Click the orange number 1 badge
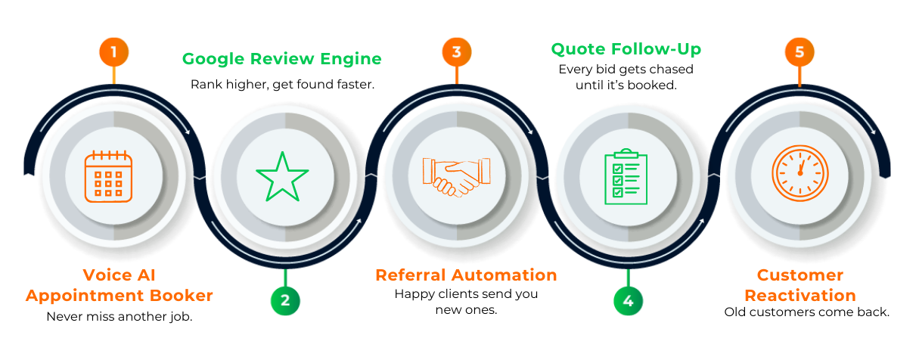[x=113, y=52]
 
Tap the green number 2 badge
[x=285, y=300]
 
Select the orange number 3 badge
[x=456, y=52]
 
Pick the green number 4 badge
[x=628, y=300]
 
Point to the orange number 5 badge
[x=799, y=52]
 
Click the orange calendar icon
[x=108, y=175]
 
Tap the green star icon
[x=281, y=176]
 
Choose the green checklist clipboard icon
[x=626, y=176]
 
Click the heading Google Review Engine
[x=282, y=59]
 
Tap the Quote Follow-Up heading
[x=626, y=49]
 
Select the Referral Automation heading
[x=466, y=275]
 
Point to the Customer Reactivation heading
[x=799, y=285]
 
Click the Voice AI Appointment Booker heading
[x=120, y=285]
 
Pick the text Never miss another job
[x=120, y=317]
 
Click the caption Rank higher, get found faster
[x=282, y=84]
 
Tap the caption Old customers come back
[x=807, y=312]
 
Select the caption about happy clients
[x=466, y=302]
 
